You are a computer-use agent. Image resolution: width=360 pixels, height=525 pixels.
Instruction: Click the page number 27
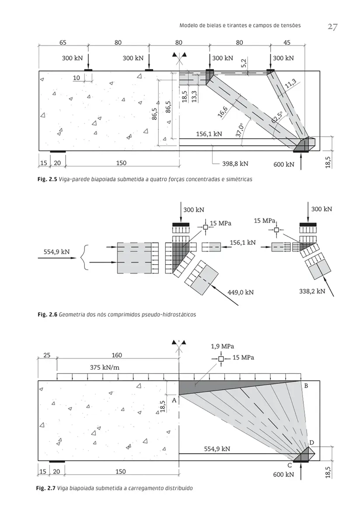tap(332, 27)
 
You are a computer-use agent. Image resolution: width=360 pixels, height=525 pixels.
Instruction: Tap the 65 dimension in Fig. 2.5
tap(63, 42)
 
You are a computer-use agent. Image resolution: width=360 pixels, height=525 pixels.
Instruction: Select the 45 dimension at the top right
tap(287, 42)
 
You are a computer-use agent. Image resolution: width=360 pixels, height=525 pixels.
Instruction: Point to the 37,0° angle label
tap(240, 130)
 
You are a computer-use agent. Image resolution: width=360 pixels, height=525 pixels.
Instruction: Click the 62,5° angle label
tap(277, 117)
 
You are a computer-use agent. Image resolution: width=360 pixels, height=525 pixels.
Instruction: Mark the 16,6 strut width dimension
tap(223, 112)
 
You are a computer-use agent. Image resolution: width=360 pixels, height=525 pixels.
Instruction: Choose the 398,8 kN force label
tap(235, 164)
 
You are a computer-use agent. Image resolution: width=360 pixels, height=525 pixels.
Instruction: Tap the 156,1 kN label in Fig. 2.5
tap(209, 134)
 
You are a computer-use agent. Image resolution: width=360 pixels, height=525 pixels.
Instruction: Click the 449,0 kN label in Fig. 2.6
tap(241, 292)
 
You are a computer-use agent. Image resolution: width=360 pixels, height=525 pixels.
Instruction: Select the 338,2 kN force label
tap(312, 291)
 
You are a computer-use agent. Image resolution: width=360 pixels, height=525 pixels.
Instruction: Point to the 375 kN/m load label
tap(105, 367)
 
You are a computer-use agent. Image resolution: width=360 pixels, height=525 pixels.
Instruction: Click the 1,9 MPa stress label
tap(222, 346)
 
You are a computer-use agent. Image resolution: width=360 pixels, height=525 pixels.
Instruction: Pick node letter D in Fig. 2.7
tap(311, 442)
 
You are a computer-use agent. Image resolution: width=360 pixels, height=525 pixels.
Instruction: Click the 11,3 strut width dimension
tap(290, 84)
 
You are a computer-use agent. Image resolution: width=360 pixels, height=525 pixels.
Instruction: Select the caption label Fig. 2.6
tap(47, 314)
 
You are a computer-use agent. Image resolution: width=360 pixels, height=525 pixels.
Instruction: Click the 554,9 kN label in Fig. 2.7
tap(217, 449)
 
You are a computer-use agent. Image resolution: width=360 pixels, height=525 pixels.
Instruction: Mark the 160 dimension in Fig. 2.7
tap(117, 355)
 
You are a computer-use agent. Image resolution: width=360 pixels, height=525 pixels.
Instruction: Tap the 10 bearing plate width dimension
tap(77, 78)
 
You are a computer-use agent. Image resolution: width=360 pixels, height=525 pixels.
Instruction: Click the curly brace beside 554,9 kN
tap(84, 258)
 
